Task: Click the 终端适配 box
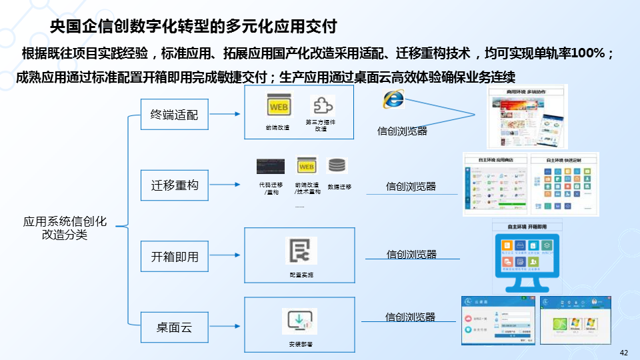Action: (174, 114)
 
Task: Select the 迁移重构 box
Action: (174, 185)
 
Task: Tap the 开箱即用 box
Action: (174, 256)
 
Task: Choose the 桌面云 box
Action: (174, 327)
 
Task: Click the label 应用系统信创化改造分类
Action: (65, 227)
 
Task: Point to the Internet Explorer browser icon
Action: (393, 100)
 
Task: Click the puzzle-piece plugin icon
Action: (323, 106)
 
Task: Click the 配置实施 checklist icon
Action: (301, 251)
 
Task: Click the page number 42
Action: (624, 353)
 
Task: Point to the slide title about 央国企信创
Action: (193, 27)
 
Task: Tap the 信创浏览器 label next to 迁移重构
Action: (411, 187)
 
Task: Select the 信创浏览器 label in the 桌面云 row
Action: (411, 317)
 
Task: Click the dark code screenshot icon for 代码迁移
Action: (271, 166)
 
